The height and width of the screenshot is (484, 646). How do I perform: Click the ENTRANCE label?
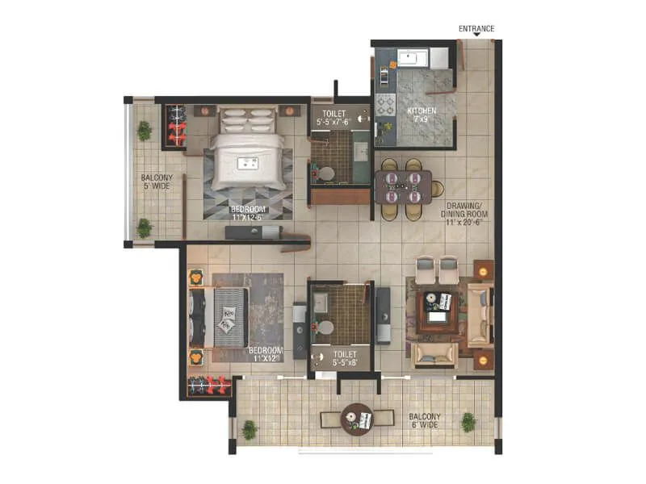[476, 28]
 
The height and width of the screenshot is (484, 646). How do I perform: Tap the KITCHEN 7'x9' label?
[422, 114]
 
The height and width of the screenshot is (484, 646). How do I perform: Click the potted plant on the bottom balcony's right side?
[468, 421]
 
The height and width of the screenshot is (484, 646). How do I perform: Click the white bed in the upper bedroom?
[248, 157]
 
